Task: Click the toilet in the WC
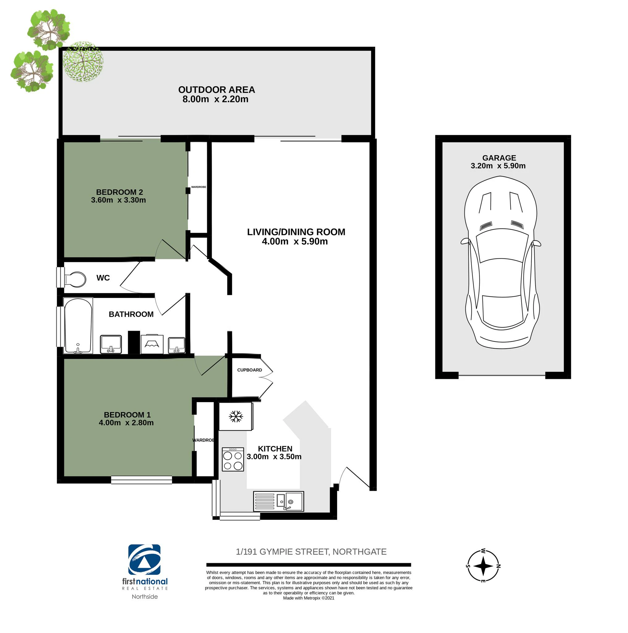[75, 279]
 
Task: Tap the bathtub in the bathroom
[78, 326]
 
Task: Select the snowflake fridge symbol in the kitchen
[236, 416]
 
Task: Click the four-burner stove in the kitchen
[233, 459]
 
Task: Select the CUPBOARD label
[250, 370]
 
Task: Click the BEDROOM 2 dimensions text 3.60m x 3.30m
[118, 200]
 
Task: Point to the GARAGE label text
[499, 158]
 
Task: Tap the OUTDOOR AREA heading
[216, 89]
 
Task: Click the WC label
[103, 278]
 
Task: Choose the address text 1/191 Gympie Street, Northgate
[311, 552]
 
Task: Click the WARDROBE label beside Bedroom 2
[199, 187]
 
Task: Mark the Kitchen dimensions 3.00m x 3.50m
[274, 457]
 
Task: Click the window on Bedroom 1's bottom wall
[141, 480]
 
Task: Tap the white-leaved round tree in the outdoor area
[83, 61]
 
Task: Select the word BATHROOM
[131, 314]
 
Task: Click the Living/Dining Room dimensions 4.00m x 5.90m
[295, 241]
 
